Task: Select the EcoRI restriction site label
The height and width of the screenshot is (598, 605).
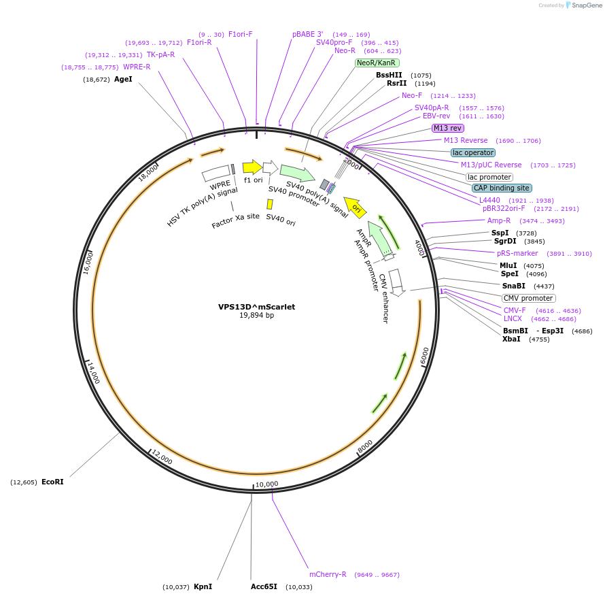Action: point(52,482)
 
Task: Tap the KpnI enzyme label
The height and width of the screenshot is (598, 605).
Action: point(203,586)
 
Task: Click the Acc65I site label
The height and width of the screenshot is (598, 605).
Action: point(264,586)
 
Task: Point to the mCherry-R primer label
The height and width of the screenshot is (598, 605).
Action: point(328,574)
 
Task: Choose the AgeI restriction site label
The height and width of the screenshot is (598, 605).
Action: point(123,79)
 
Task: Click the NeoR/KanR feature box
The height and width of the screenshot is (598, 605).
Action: point(377,63)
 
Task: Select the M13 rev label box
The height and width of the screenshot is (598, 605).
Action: point(448,128)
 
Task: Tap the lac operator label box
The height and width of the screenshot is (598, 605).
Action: point(472,152)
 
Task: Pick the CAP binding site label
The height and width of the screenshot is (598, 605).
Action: point(502,188)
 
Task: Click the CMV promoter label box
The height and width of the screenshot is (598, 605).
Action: point(528,298)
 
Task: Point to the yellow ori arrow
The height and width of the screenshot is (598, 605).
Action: point(355,206)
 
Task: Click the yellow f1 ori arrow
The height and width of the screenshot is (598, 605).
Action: point(252,167)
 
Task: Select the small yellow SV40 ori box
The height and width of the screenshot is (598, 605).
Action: point(270,204)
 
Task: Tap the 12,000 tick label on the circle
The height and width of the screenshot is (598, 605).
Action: point(162,456)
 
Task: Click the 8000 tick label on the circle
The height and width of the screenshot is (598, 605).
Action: point(365,446)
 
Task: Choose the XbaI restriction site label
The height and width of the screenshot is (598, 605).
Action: point(511,339)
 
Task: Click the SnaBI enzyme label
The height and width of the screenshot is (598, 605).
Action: point(513,286)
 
